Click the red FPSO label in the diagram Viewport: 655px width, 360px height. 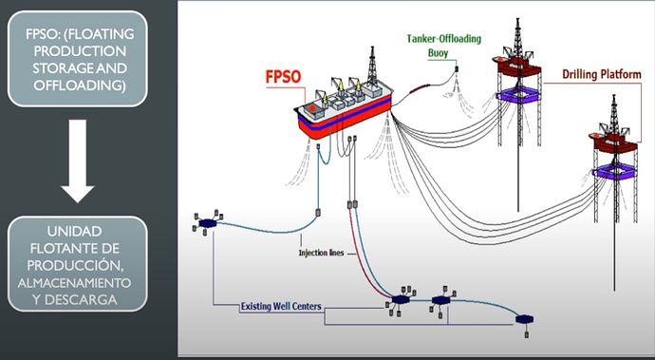pyautogui.click(x=283, y=77)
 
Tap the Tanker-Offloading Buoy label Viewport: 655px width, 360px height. pyautogui.click(x=444, y=46)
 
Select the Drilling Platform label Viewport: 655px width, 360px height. pyautogui.click(x=602, y=74)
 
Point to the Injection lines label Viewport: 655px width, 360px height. pyautogui.click(x=321, y=253)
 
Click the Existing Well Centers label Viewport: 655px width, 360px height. pyautogui.click(x=281, y=307)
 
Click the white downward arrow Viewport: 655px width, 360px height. pyautogui.click(x=78, y=161)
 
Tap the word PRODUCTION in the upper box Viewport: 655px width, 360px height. pyautogui.click(x=80, y=51)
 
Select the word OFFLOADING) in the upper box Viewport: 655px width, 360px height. pyautogui.click(x=80, y=85)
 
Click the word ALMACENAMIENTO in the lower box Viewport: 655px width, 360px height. pyautogui.click(x=74, y=283)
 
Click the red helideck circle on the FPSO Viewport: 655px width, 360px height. pyautogui.click(x=312, y=108)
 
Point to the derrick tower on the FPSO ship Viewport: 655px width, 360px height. pyautogui.click(x=372, y=66)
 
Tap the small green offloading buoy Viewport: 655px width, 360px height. pyautogui.click(x=457, y=68)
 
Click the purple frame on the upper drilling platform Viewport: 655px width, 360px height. pyautogui.click(x=518, y=94)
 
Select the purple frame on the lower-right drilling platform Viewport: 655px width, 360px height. pyautogui.click(x=614, y=171)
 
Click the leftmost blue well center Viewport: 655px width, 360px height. pyautogui.click(x=208, y=223)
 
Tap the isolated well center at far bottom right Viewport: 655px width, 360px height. pyautogui.click(x=524, y=319)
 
